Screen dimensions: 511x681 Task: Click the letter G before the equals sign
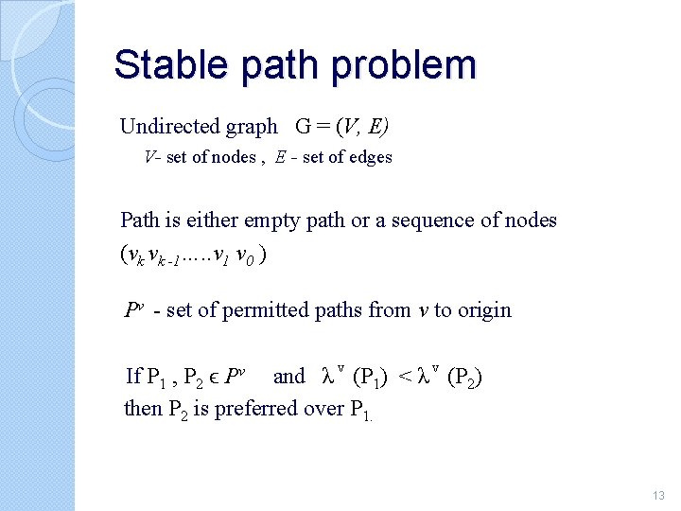[x=304, y=127]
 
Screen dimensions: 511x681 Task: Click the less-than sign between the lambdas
[x=403, y=377]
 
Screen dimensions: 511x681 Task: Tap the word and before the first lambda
[x=288, y=377]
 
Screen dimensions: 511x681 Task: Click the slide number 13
[x=659, y=495]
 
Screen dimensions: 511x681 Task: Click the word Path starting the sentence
[x=140, y=220]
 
